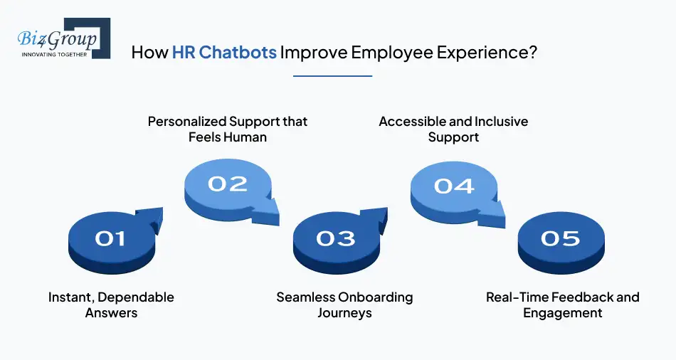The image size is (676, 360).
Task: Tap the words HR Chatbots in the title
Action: point(224,53)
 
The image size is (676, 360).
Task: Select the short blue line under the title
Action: point(333,75)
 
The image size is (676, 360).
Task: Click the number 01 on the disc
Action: point(110,238)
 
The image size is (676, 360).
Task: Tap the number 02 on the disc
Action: point(228,184)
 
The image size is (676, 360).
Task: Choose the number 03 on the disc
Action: point(335,238)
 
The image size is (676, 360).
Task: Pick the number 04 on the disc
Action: point(454,186)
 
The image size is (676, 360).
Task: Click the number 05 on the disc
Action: point(560,238)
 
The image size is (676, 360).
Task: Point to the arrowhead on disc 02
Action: point(268,209)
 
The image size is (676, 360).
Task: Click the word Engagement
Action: point(563,313)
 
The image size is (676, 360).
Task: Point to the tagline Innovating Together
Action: point(54,53)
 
